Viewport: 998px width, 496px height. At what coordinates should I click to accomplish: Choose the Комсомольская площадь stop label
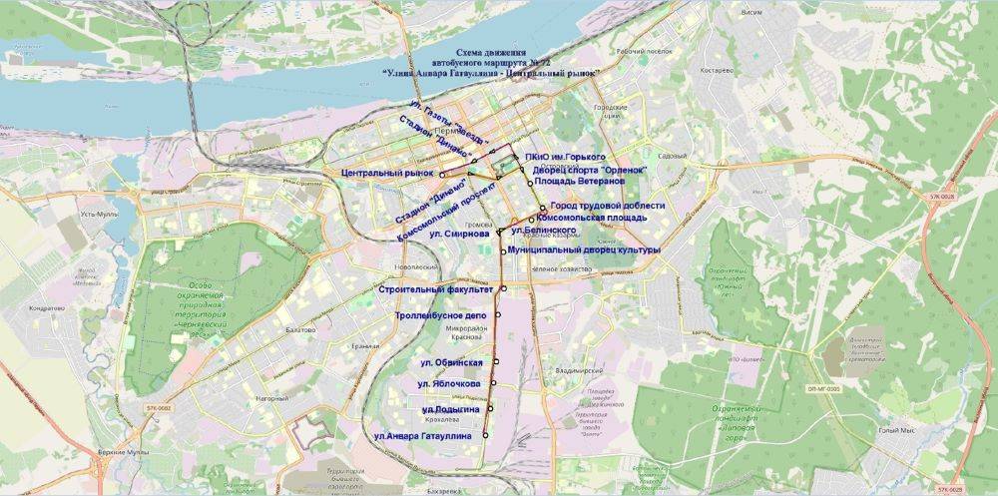(x=592, y=218)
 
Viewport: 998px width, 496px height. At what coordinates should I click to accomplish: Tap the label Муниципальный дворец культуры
(x=584, y=250)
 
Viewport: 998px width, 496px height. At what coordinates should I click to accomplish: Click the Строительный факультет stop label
(x=437, y=289)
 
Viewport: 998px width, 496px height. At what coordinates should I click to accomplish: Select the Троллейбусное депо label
(x=441, y=315)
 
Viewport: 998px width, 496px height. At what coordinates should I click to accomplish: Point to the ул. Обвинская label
(x=451, y=362)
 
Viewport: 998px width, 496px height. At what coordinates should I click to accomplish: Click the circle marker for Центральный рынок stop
(x=441, y=175)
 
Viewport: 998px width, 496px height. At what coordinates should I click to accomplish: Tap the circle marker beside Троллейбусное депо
(x=497, y=314)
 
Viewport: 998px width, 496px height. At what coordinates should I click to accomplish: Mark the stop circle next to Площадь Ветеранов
(x=529, y=185)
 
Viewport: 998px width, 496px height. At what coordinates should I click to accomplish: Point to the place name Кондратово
(x=47, y=308)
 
